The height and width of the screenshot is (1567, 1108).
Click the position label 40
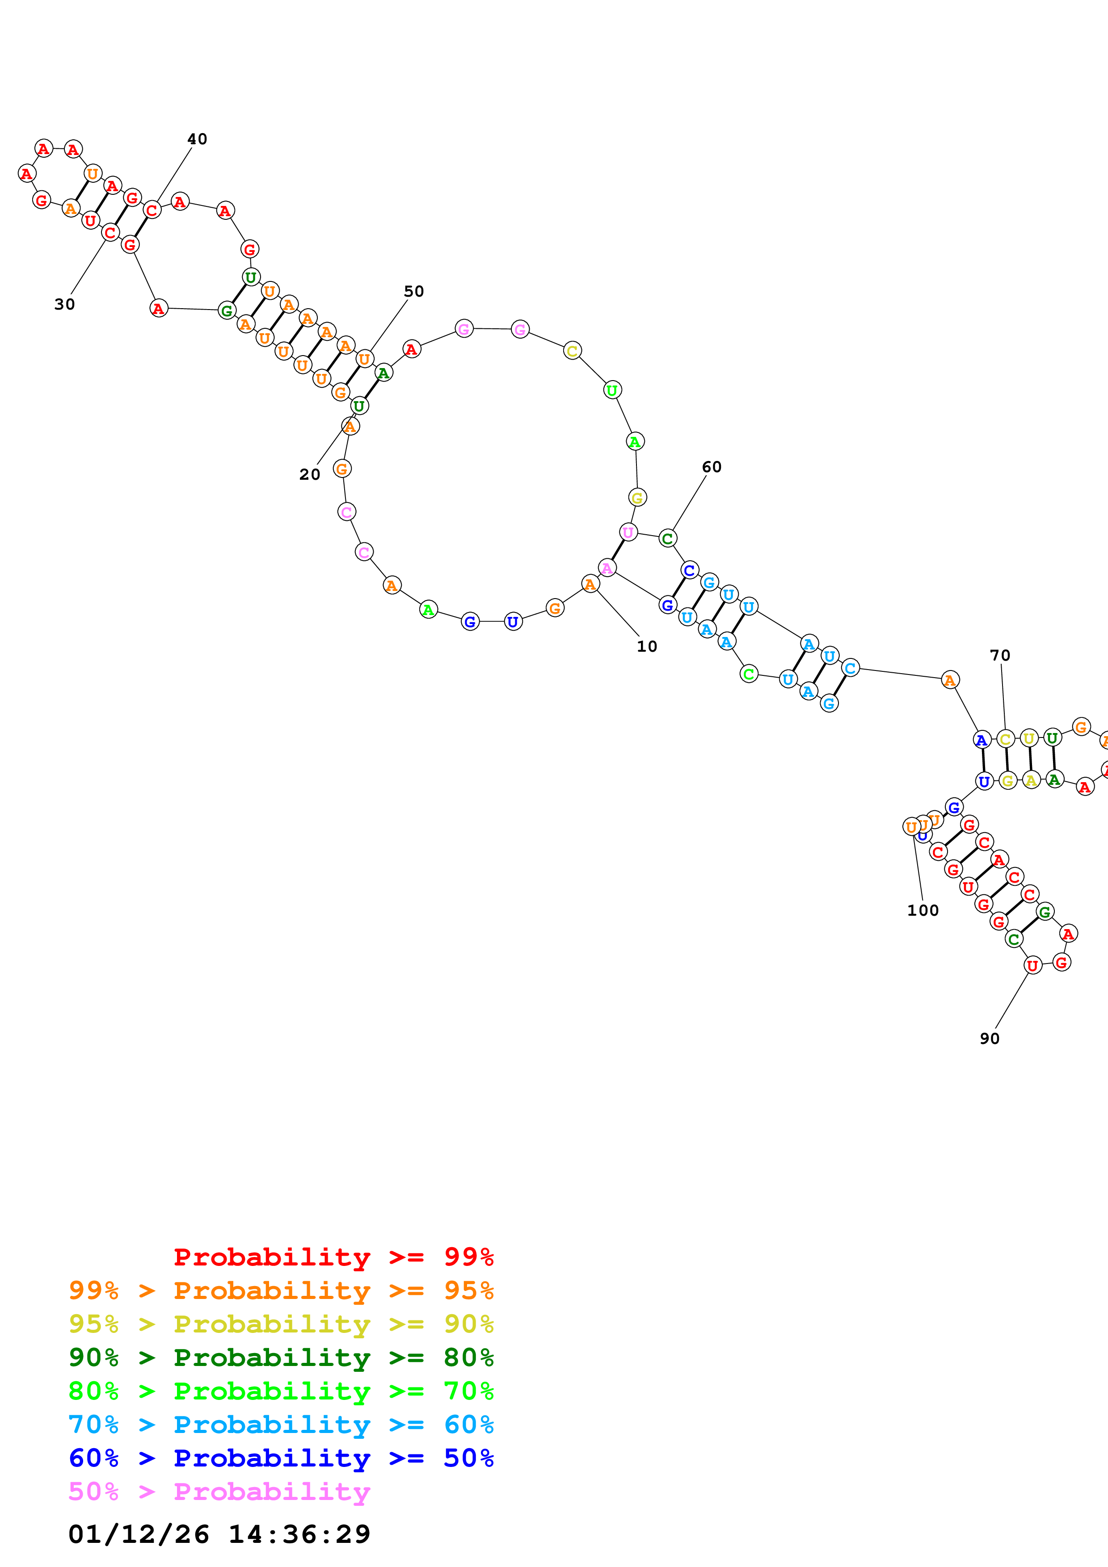pyautogui.click(x=197, y=139)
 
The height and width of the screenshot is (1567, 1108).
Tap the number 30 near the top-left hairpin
pyautogui.click(x=65, y=304)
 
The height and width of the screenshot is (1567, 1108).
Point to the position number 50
pyautogui.click(x=414, y=291)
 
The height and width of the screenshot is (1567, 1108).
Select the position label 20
pyautogui.click(x=310, y=474)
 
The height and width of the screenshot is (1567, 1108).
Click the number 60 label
pyautogui.click(x=712, y=467)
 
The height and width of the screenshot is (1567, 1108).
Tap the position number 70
pyautogui.click(x=1000, y=655)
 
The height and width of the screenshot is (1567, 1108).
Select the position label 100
pyautogui.click(x=923, y=910)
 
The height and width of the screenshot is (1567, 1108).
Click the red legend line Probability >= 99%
pyautogui.click(x=333, y=1257)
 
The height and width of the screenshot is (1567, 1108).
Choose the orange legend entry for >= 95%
pyautogui.click(x=281, y=1290)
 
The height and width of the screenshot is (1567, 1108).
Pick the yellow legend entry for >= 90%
pyautogui.click(x=281, y=1324)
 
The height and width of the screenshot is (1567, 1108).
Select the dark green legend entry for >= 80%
pyautogui.click(x=281, y=1358)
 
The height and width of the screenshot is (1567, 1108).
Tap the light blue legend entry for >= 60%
pyautogui.click(x=281, y=1425)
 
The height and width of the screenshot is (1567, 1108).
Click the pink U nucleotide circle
pyautogui.click(x=628, y=532)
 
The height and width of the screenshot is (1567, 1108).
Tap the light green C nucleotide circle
pyautogui.click(x=749, y=674)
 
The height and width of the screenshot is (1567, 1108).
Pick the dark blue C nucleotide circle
pyautogui.click(x=690, y=570)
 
